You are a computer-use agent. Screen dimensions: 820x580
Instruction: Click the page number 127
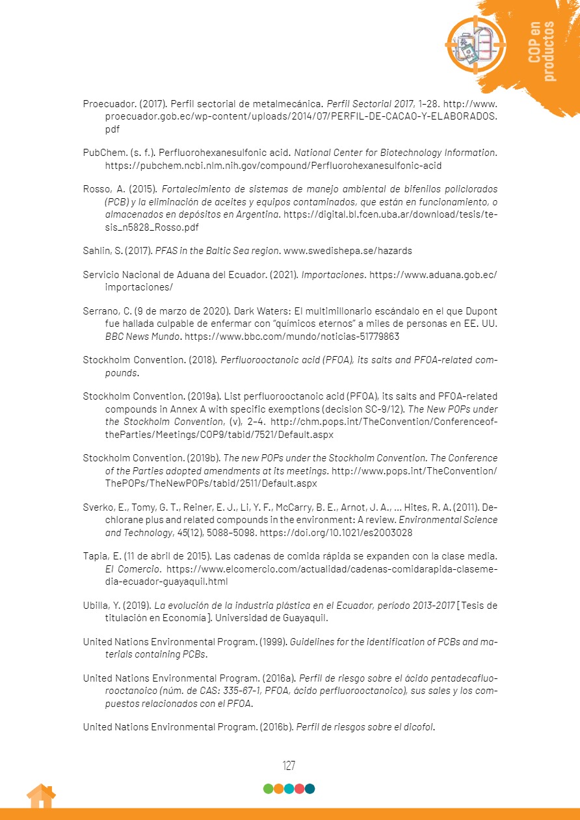289,765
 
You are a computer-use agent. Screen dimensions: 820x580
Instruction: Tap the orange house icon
41,796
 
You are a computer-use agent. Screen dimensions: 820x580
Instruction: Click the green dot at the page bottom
268,789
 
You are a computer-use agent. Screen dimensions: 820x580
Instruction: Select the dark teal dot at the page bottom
310,789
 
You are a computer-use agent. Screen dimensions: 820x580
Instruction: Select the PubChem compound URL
273,165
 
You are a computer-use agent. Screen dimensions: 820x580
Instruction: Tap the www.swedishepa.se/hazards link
348,250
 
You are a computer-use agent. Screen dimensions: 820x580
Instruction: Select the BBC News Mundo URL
292,337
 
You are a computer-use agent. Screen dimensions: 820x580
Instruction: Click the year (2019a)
205,396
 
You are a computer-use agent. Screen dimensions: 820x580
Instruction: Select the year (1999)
272,641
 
